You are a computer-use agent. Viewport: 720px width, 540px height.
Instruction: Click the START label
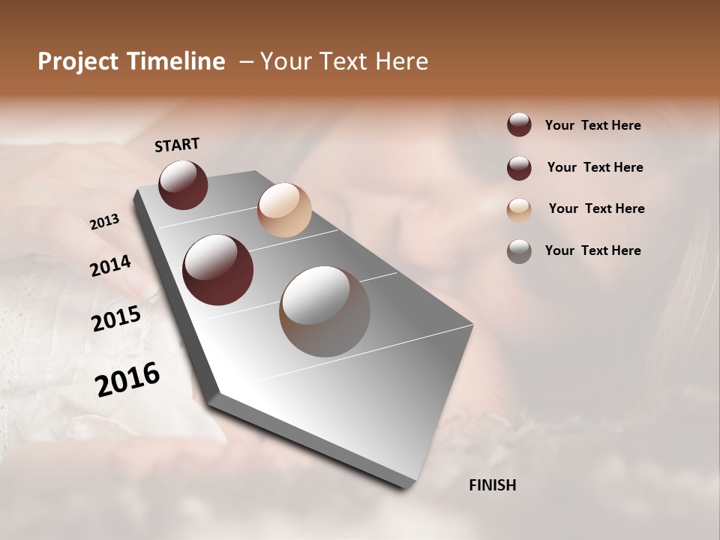(x=177, y=145)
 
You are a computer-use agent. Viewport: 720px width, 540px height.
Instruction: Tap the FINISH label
(x=492, y=485)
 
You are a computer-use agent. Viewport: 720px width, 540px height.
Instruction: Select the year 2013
(x=104, y=222)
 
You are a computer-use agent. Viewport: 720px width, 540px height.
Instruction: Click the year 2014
(x=110, y=266)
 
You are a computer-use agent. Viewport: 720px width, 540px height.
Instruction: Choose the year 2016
(x=127, y=379)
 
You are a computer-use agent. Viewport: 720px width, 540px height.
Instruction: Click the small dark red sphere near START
(x=183, y=184)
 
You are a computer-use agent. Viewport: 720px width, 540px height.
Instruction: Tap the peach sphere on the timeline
(x=284, y=210)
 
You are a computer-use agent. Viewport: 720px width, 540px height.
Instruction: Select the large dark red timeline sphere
(x=217, y=270)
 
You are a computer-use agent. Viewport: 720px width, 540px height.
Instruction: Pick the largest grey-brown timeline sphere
(x=325, y=311)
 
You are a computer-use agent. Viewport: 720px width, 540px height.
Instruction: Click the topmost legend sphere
(x=519, y=124)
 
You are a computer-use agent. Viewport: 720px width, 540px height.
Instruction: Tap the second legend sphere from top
(x=519, y=168)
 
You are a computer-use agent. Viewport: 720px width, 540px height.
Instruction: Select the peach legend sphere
(x=519, y=210)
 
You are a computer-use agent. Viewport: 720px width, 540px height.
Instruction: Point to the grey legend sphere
(x=519, y=251)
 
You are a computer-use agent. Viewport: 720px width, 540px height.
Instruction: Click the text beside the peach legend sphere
(x=596, y=208)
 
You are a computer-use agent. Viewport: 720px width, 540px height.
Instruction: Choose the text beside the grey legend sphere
(x=592, y=250)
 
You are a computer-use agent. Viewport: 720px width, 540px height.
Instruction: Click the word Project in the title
(x=78, y=61)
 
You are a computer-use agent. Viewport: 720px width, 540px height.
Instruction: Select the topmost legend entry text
(x=592, y=125)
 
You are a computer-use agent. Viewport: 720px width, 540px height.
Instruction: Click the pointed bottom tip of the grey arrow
(x=405, y=487)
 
